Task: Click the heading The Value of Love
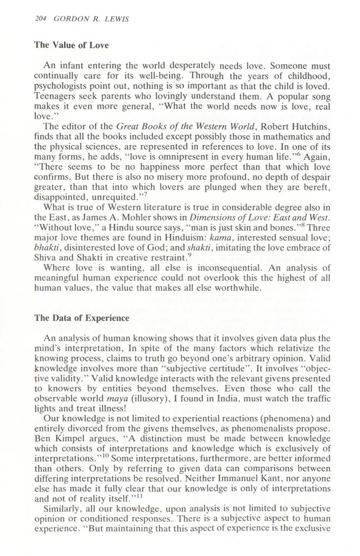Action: tap(71, 45)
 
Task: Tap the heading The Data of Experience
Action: tap(82, 318)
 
